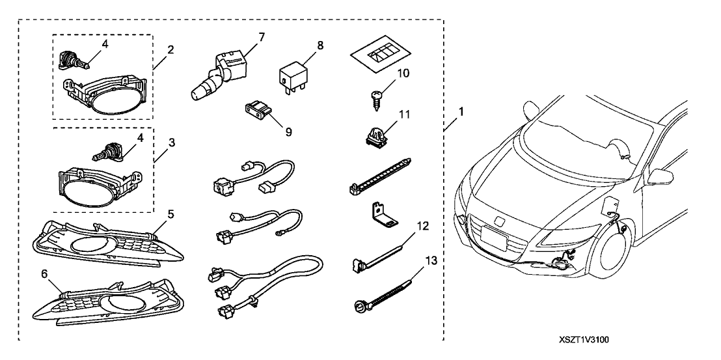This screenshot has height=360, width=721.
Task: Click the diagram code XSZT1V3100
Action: (x=587, y=340)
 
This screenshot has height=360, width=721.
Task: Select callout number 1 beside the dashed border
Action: (x=461, y=111)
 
